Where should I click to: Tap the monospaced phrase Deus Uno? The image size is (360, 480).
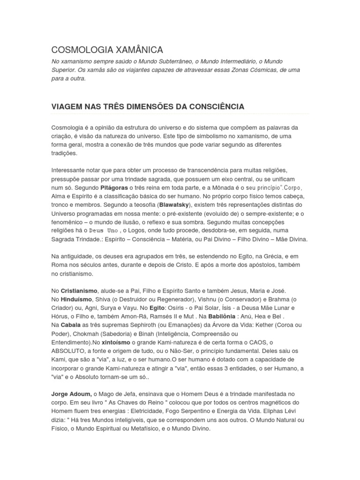(x=104, y=231)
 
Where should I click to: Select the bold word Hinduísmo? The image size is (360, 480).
(x=77, y=299)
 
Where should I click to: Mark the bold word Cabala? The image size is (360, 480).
(x=71, y=325)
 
